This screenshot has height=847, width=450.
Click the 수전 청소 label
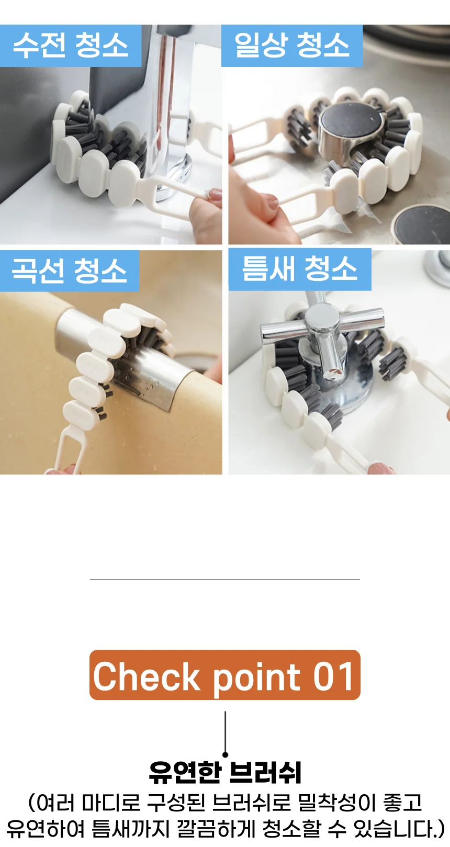tap(70, 46)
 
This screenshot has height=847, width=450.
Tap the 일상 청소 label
tap(292, 46)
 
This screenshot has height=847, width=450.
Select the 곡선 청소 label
tap(69, 271)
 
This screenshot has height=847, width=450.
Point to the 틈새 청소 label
tap(300, 269)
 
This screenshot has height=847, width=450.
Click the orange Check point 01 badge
tap(225, 675)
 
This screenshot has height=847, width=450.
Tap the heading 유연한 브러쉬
tap(225, 773)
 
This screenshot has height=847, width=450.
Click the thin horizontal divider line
tap(225, 579)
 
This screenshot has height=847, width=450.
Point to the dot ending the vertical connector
tap(226, 755)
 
